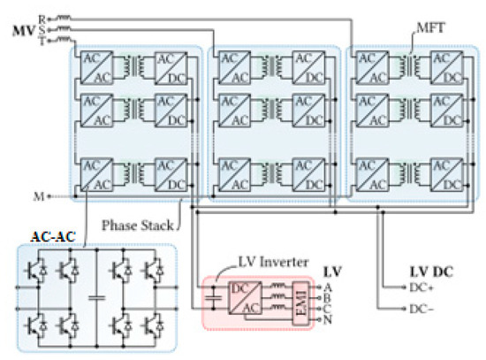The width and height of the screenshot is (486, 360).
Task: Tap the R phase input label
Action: tap(42, 16)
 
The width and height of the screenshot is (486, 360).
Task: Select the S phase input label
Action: tap(42, 28)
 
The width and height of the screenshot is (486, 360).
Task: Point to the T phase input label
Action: tap(42, 41)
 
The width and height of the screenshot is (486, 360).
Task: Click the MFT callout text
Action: tap(428, 31)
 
